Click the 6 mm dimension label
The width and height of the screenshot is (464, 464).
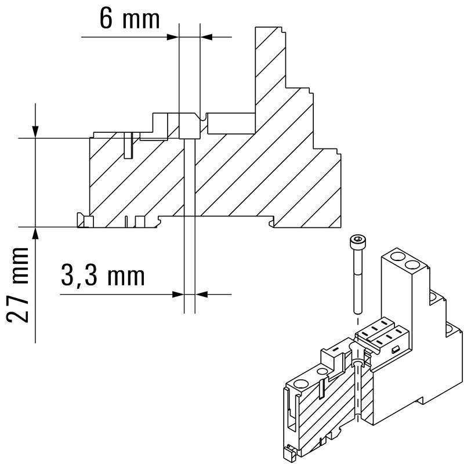coord(129,19)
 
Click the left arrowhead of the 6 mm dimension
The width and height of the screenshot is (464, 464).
coord(172,37)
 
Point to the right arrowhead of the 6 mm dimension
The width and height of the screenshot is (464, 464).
coord(206,37)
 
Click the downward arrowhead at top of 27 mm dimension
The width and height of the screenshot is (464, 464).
coord(36,132)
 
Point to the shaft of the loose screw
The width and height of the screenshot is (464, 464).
coord(356,278)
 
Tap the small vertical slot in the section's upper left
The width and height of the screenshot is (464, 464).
coord(128,146)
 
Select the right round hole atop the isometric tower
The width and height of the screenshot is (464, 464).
coord(412,264)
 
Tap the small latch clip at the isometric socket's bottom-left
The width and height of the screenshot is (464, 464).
coord(288,452)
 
